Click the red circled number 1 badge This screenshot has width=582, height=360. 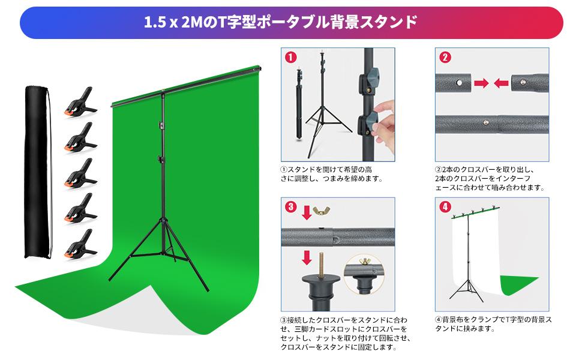click(x=290, y=58)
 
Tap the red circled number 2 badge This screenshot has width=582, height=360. click(x=445, y=58)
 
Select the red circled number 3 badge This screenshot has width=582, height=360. click(x=290, y=208)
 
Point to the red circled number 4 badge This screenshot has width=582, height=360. click(x=445, y=208)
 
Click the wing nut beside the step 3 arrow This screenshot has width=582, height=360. click(x=327, y=212)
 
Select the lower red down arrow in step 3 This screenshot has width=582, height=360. click(x=307, y=258)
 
